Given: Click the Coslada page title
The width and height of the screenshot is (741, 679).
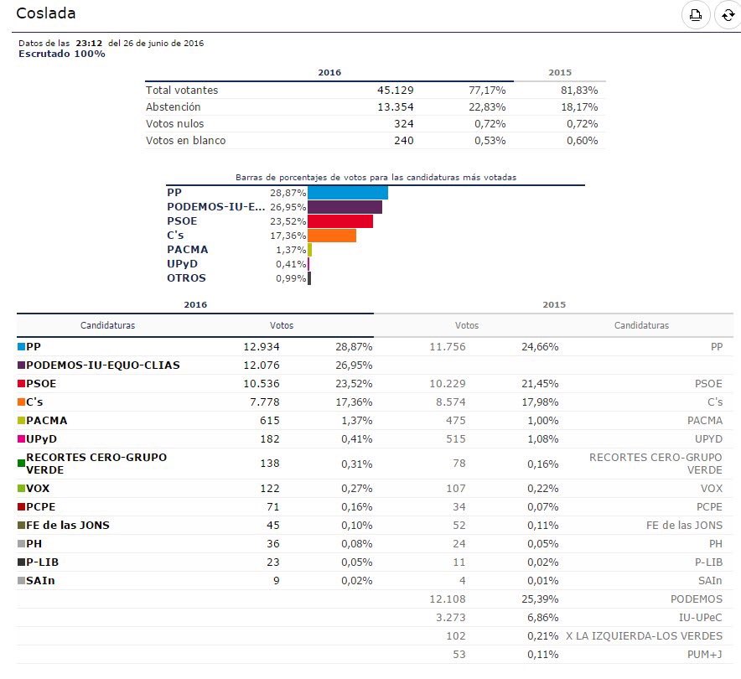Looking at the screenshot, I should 46,13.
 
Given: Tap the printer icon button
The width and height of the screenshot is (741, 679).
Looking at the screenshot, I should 695,14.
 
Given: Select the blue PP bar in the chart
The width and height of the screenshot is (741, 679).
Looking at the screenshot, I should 347,193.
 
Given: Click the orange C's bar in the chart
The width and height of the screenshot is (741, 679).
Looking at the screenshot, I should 332,236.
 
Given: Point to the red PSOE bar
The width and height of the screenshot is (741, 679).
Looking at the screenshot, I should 340,221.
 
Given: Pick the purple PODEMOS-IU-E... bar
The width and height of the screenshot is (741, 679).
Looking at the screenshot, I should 345,207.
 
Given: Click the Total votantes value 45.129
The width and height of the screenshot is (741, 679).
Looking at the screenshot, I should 396,90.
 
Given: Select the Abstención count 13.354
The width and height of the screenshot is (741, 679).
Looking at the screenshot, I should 396,106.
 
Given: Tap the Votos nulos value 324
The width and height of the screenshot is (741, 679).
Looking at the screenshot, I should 403,123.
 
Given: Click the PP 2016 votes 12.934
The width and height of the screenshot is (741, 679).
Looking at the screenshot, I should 261,346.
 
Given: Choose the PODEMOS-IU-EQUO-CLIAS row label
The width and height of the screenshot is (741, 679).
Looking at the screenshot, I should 103,365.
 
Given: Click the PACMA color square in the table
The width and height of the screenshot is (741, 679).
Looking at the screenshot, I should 21,420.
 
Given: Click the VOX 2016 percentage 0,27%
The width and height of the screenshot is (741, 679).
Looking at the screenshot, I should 356,488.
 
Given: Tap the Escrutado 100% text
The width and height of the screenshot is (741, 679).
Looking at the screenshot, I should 62,54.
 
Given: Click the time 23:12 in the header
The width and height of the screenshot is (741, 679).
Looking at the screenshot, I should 89,43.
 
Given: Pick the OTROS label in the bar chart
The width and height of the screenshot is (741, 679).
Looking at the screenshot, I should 186,277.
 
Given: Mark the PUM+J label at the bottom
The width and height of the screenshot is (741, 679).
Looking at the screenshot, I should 703,654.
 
